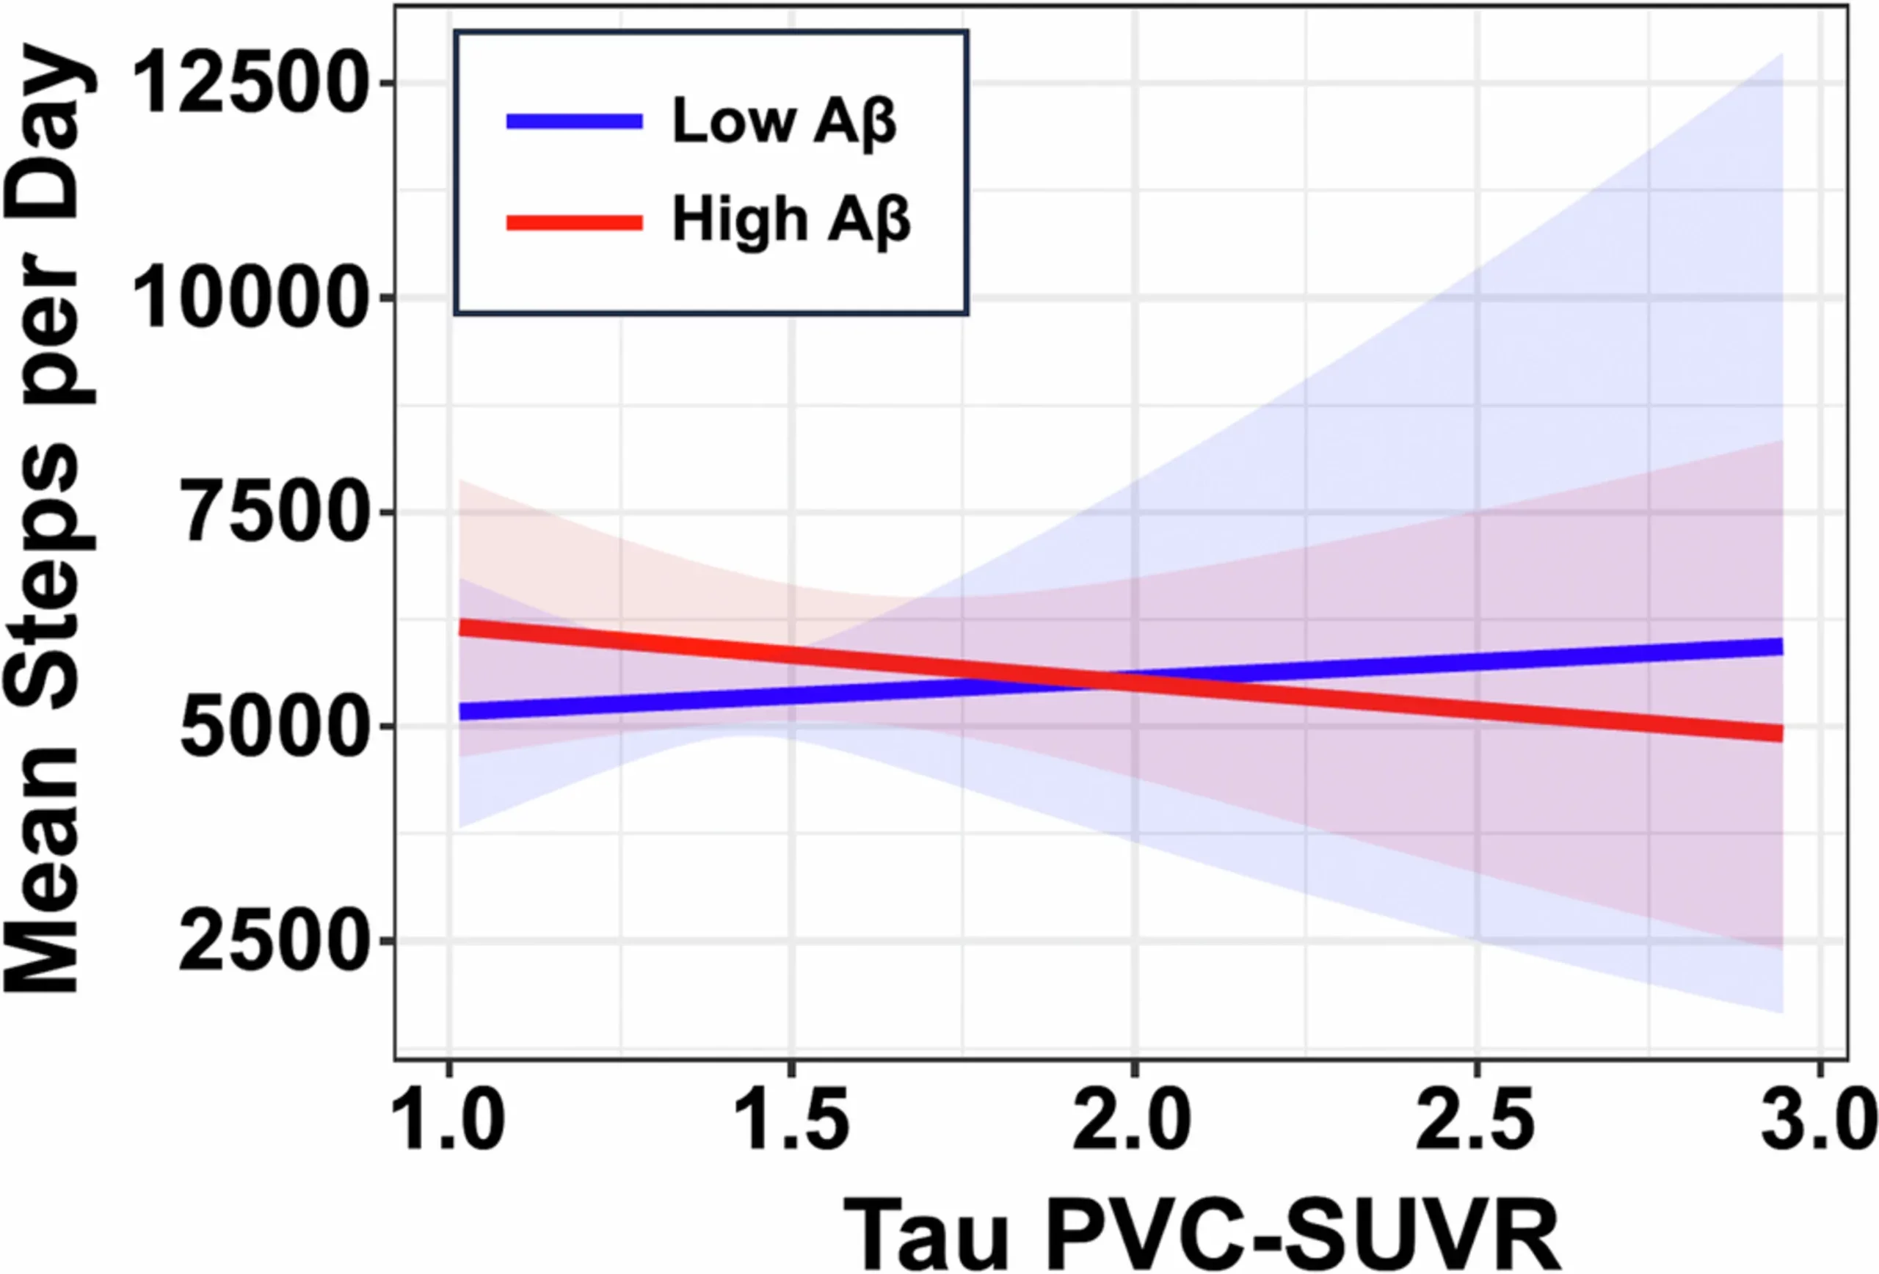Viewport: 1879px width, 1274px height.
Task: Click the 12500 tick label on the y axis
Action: tap(247, 82)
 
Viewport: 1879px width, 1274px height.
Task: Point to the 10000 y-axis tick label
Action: tap(247, 297)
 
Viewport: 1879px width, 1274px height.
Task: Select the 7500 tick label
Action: tap(270, 512)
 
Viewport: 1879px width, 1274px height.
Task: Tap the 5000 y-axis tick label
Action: tap(270, 727)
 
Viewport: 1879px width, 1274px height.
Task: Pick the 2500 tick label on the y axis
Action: tap(270, 941)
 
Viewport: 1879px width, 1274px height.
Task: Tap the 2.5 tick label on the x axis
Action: tap(1475, 1121)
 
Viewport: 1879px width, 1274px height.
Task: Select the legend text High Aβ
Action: tap(791, 221)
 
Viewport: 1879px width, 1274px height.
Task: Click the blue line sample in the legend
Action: tap(574, 122)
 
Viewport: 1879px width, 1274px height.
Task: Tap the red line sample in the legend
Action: tap(574, 222)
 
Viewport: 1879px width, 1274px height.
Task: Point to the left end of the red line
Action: tap(462, 627)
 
